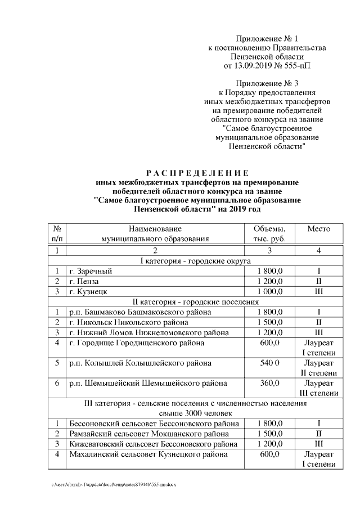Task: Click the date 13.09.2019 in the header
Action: [251, 66]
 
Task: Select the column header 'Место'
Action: [318, 229]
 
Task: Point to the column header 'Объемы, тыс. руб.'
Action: [269, 234]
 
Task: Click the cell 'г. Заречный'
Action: [90, 272]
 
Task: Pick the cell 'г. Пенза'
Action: [84, 281]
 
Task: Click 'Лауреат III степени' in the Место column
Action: [318, 388]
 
